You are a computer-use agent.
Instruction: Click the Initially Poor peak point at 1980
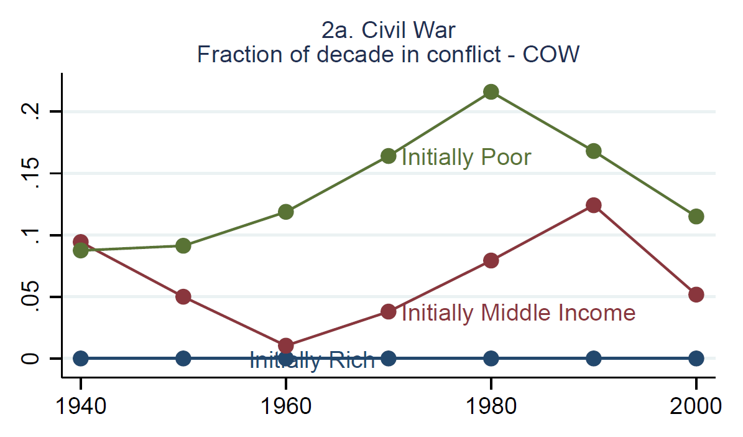coord(491,92)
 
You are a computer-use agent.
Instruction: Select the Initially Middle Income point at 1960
coord(286,345)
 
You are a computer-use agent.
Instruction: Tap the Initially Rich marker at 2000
coord(696,358)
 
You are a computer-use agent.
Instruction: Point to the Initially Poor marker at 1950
coord(183,246)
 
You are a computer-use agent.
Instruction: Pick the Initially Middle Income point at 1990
coord(594,205)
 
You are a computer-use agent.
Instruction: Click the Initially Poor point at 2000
coord(696,217)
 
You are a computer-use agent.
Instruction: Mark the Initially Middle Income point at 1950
coord(183,296)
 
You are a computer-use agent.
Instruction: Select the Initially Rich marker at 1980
coord(491,358)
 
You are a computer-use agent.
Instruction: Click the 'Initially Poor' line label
coord(466,157)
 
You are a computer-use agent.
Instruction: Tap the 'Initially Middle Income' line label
coord(518,312)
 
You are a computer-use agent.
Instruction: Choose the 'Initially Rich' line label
coord(312,360)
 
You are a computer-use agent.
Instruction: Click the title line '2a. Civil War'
coord(389,31)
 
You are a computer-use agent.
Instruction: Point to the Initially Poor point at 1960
coord(286,212)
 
